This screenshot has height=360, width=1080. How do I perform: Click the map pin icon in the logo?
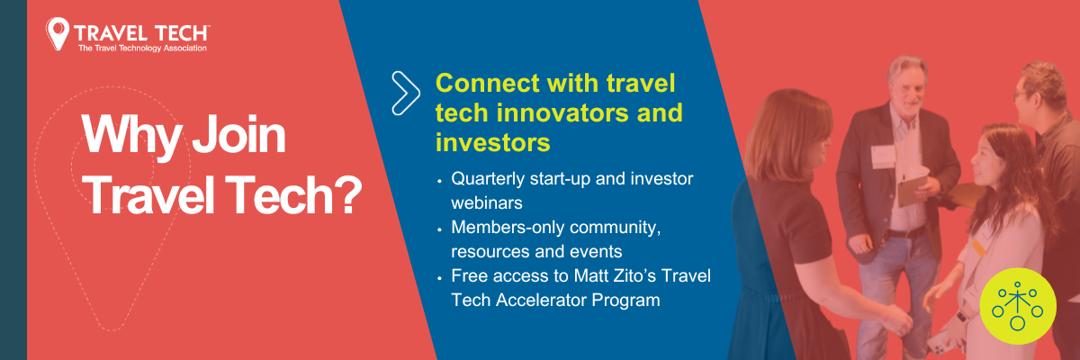click(58, 33)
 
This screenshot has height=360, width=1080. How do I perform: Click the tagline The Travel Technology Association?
click(143, 49)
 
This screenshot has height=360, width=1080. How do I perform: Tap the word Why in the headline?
click(131, 136)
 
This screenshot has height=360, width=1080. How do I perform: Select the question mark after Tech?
click(349, 194)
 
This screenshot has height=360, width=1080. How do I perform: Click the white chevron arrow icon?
click(406, 94)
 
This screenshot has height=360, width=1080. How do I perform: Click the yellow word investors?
click(493, 143)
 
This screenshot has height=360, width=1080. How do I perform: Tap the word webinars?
click(487, 202)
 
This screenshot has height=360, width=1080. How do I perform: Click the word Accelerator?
click(541, 300)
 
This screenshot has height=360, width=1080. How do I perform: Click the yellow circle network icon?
click(1018, 306)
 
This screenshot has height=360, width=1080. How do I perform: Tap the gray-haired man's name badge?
click(883, 157)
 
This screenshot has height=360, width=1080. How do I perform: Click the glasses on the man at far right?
click(1021, 94)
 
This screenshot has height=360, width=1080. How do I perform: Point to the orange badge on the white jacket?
click(978, 247)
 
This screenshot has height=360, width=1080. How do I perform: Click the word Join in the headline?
click(239, 134)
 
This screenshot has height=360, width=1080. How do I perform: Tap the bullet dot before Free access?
click(439, 278)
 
